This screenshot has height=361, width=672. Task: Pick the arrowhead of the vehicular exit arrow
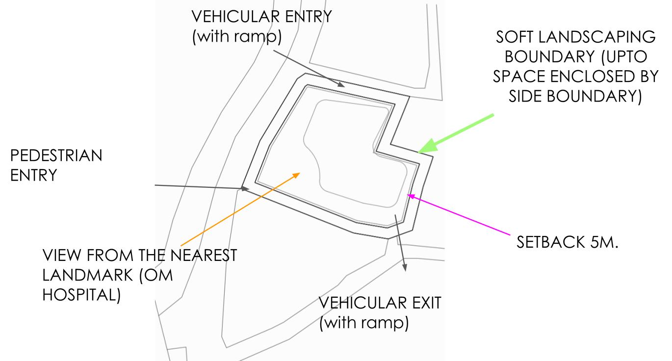coord(405,267)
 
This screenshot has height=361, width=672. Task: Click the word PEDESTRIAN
coord(56,156)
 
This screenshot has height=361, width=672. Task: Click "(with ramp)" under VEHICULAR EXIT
coord(364,324)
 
